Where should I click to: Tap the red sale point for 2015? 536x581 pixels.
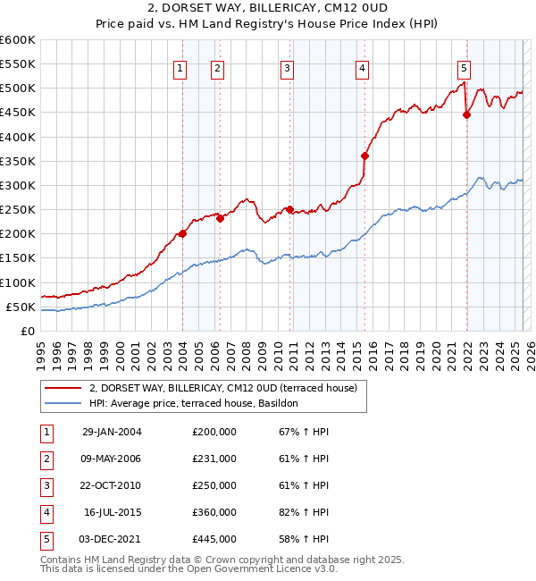coord(364,156)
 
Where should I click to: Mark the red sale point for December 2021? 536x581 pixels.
coord(466,114)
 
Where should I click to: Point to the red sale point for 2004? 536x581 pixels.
coord(182,233)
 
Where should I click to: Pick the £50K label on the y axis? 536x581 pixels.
coord(20,307)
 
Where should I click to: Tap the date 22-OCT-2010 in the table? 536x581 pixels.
coord(112,485)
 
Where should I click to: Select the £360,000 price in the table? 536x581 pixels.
coord(214,512)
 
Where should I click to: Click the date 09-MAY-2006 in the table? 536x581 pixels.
coord(112,459)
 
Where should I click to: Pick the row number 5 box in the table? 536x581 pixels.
coord(46,539)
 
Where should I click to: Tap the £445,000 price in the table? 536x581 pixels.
coord(214,539)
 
